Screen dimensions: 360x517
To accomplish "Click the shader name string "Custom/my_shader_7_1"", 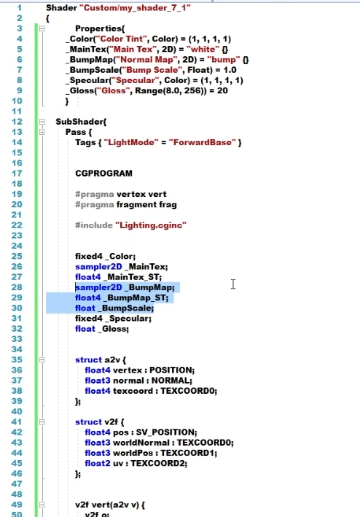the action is pos(135,7).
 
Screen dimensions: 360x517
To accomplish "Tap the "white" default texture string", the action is pos(203,49).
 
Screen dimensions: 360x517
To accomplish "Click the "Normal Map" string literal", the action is pos(146,60).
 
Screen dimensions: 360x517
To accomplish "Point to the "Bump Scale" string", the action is pos(153,70).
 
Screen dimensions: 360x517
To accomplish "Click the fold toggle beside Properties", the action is pos(42,28).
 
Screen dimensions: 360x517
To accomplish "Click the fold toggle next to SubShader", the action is pos(42,122).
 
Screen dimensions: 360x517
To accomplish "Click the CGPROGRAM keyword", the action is pos(103,174).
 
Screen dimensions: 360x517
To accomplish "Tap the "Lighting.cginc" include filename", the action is pos(151,225).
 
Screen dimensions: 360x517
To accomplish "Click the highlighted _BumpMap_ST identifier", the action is pos(135,298).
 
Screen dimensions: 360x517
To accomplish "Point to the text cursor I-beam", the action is pos(233,284).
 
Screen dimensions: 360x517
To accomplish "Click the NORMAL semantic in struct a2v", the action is pos(171,381).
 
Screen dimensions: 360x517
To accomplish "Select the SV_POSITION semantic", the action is pos(165,432).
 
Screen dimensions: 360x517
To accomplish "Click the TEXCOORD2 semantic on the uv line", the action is pos(158,463).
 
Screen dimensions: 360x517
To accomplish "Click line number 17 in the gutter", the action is pos(17,174).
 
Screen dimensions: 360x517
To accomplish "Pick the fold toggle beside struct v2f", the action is pos(42,421).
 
